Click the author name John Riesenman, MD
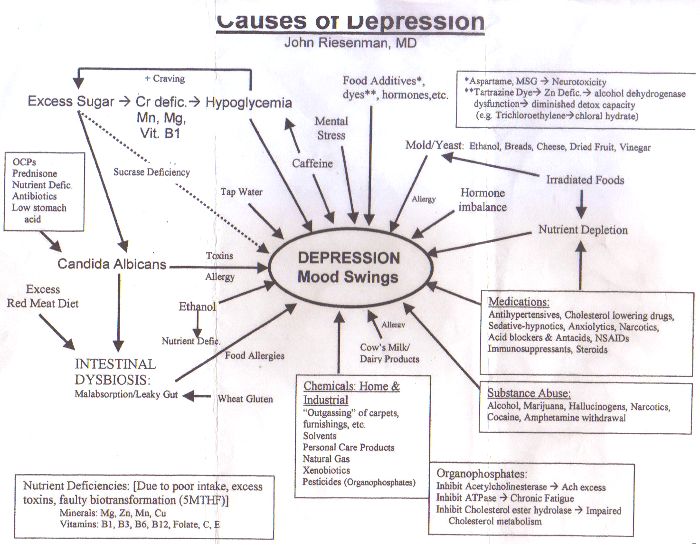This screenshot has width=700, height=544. [x=350, y=43]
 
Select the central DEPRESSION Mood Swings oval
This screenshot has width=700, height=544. [x=349, y=267]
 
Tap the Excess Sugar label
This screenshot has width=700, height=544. [x=71, y=101]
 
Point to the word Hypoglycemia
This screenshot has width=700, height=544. [x=248, y=103]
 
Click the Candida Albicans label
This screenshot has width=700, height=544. [x=112, y=264]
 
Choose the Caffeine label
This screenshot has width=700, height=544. [x=312, y=163]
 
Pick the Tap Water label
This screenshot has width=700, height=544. [x=241, y=192]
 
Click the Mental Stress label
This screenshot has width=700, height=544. [x=331, y=128]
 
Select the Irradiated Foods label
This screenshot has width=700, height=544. [x=585, y=180]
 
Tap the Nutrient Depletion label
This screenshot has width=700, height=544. [x=583, y=230]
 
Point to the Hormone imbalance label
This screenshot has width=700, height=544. [x=482, y=200]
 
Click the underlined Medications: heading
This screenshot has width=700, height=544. [x=519, y=302]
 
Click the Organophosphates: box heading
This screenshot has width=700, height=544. [x=482, y=474]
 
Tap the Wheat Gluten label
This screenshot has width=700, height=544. [x=245, y=399]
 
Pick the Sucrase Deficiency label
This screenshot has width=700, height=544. [x=151, y=172]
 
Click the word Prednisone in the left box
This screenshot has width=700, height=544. [x=35, y=173]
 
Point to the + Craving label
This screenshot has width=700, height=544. [x=165, y=78]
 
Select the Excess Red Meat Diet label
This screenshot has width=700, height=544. [x=43, y=296]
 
